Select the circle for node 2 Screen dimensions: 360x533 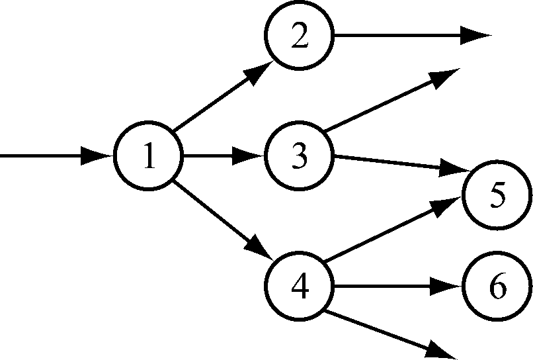coord(300,37)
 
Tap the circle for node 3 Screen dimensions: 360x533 coord(300,157)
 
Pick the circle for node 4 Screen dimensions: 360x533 coord(300,288)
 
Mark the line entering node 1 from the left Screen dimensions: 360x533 coord(46,157)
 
